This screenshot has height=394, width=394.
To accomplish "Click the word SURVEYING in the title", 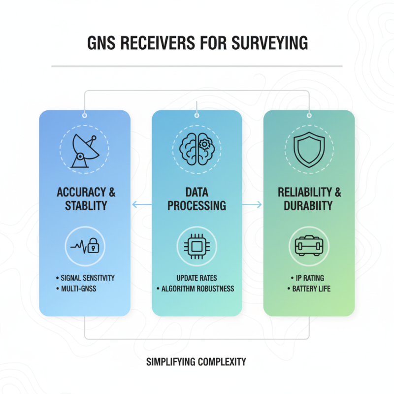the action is (269, 43).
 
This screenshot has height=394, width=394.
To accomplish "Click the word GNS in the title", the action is (101, 43).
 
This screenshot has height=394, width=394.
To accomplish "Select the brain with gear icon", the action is (197, 149).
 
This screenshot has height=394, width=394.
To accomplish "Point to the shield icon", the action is (309, 150).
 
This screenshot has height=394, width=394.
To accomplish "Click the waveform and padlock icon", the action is (85, 246).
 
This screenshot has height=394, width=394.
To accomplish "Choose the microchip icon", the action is (197, 246).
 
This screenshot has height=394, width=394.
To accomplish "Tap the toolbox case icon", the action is (309, 246).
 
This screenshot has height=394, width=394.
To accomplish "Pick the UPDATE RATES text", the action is (197, 278).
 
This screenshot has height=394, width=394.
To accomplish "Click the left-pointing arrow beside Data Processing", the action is (142, 204).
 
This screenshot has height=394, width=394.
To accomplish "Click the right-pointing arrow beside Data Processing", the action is (252, 204).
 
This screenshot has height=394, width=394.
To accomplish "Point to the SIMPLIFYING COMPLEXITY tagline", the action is (196, 362).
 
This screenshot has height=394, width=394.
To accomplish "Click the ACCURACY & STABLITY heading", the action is (86, 199).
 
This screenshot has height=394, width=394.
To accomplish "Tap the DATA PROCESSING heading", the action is (197, 199).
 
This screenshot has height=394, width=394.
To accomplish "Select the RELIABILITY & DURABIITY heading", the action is (309, 199).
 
